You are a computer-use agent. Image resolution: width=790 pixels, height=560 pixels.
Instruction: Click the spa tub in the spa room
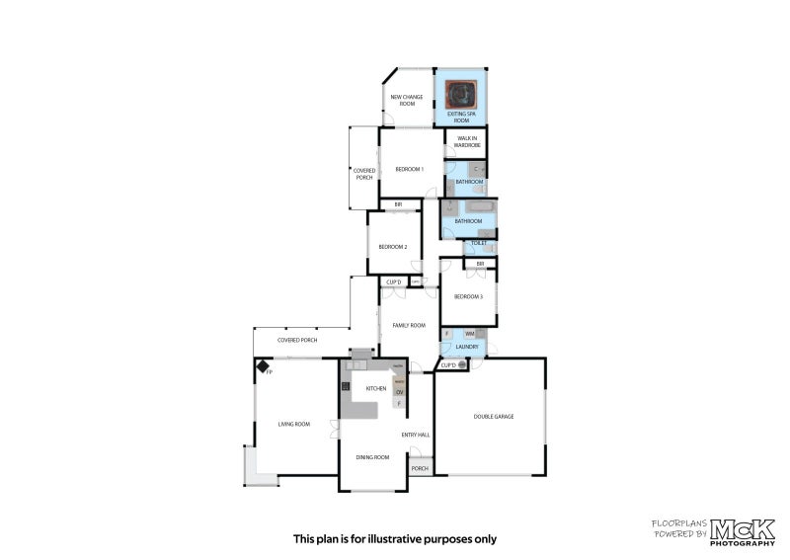[460, 94]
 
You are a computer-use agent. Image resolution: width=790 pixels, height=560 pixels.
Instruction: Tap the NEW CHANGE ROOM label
[407, 100]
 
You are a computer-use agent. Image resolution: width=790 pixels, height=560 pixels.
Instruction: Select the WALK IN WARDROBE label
[467, 141]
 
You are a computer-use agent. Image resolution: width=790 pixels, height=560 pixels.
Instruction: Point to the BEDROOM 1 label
[409, 169]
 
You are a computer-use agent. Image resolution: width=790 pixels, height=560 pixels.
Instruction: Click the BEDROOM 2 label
[393, 246]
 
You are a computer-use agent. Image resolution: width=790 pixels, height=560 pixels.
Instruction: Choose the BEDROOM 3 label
[468, 296]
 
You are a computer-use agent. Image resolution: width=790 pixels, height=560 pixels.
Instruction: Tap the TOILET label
[479, 243]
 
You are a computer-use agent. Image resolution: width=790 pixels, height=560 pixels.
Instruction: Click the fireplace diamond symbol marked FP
[264, 366]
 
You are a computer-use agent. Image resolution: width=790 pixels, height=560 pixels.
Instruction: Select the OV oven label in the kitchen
[400, 392]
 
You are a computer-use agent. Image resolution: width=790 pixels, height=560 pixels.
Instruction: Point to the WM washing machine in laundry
[469, 335]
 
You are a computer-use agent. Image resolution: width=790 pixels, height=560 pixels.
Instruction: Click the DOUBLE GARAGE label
[493, 416]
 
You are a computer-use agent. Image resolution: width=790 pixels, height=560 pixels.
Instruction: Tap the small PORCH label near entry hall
[420, 468]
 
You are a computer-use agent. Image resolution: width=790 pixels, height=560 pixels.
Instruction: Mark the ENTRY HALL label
[415, 435]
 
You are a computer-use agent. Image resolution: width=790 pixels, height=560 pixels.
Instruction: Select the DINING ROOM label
[372, 457]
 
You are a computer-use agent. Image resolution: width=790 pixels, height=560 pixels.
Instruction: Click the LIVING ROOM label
[293, 424]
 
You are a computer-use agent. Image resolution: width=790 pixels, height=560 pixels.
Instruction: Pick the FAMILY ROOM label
[408, 325]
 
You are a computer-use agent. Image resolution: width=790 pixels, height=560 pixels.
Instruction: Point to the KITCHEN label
[375, 388]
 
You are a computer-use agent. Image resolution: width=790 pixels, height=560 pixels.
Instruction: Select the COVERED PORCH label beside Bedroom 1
[363, 174]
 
